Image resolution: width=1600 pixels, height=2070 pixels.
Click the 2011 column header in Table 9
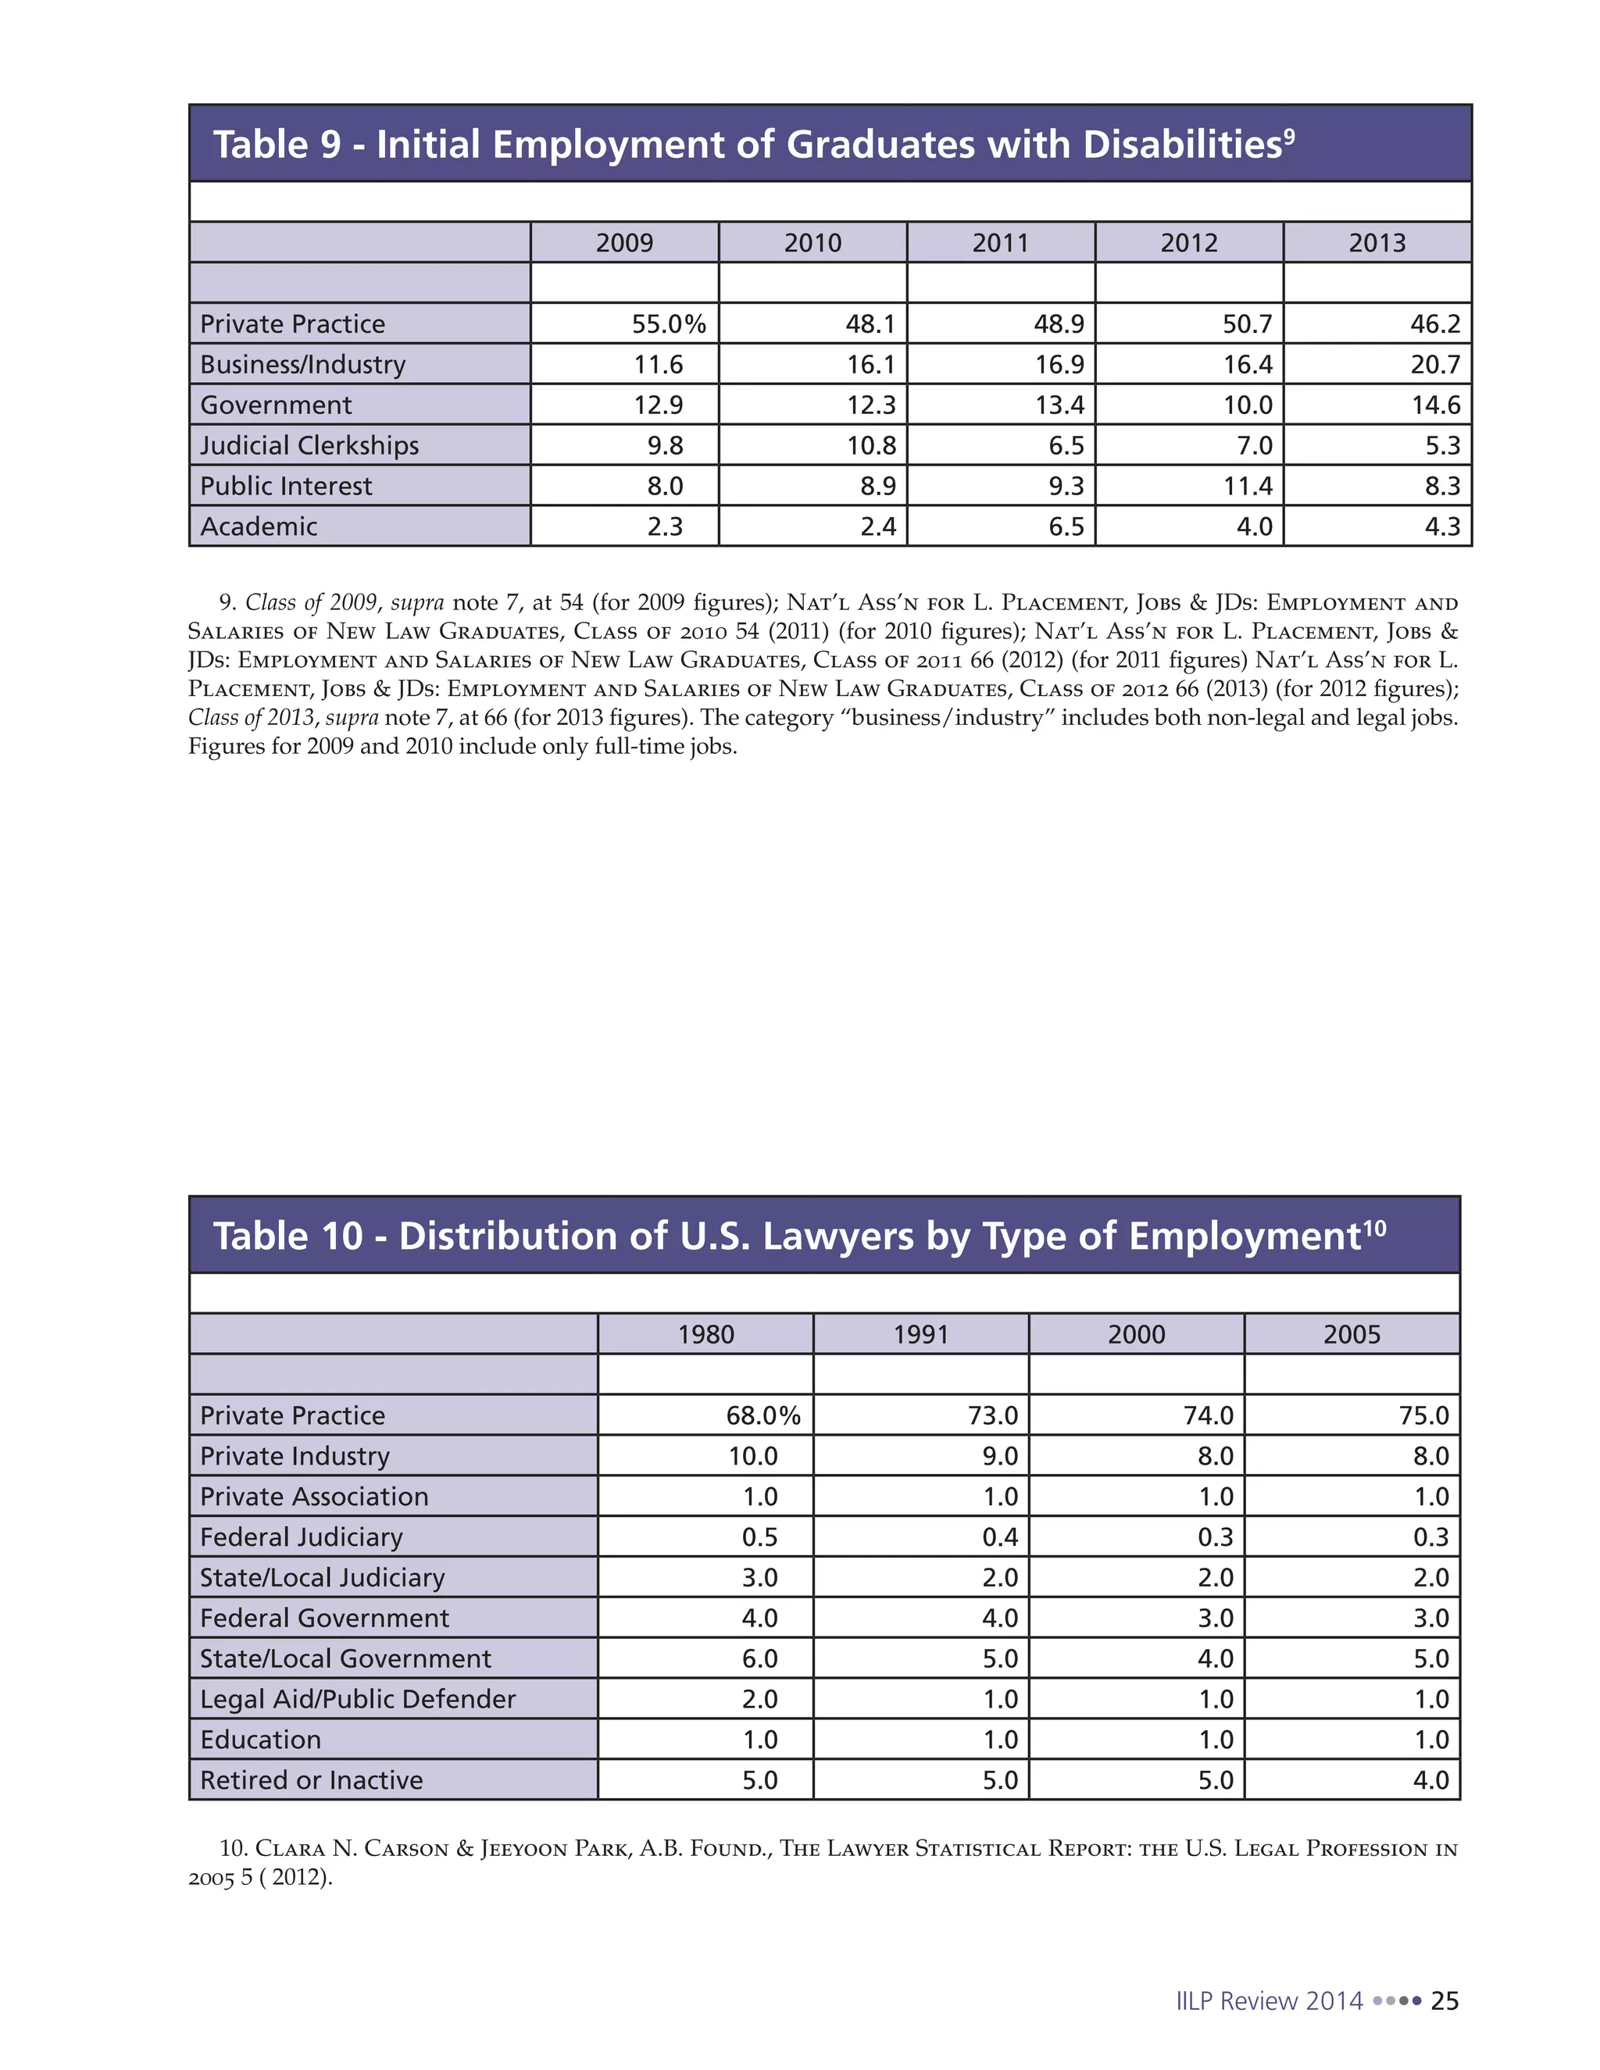(1000, 243)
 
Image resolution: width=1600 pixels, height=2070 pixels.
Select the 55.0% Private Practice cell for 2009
(668, 324)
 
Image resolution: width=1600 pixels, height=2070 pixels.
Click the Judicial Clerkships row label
(309, 445)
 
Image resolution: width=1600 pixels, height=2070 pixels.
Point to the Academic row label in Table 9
(258, 527)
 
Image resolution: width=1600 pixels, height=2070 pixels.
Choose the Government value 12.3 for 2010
(870, 405)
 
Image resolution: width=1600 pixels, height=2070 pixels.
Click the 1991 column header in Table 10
(920, 1334)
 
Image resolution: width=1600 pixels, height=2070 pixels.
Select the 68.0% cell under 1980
(763, 1416)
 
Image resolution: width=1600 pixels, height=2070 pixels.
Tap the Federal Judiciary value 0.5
(759, 1537)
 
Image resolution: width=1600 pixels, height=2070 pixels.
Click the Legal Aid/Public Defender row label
(357, 1700)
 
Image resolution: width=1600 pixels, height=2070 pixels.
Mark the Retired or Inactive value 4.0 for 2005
(1430, 1780)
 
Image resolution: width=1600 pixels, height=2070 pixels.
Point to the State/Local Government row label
(345, 1658)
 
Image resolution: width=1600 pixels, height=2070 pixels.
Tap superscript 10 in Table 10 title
(1373, 1230)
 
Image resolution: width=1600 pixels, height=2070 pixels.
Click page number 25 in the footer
(1445, 2000)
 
